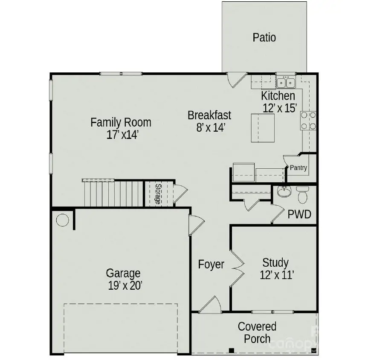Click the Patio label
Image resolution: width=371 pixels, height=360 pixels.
(264, 37)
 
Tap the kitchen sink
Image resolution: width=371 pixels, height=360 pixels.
(286, 82)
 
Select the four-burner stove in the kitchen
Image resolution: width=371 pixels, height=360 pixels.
(308, 121)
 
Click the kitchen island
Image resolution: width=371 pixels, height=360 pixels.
(262, 127)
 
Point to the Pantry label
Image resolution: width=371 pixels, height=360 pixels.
(298, 168)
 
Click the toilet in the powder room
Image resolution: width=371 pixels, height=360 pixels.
(303, 195)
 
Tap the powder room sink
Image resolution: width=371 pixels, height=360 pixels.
(283, 192)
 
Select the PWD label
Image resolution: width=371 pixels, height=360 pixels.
(299, 214)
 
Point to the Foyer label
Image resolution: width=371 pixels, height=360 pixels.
(211, 265)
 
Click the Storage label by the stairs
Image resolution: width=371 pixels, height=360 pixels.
(158, 194)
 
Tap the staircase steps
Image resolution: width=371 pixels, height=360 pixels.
(113, 193)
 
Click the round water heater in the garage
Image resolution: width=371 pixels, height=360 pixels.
(62, 220)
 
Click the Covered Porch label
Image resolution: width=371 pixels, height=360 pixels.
(257, 333)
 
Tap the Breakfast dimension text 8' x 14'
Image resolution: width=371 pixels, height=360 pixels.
(210, 127)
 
